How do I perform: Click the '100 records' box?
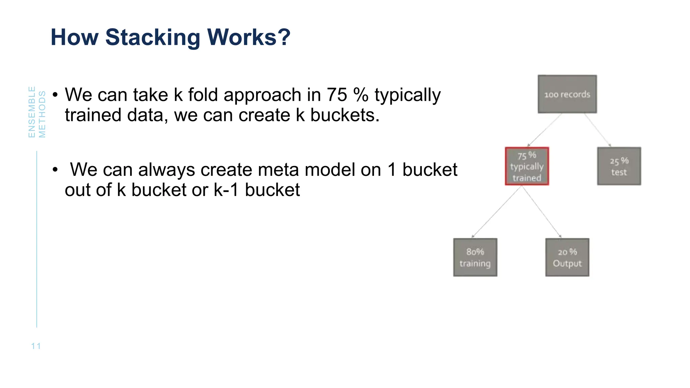point(567,94)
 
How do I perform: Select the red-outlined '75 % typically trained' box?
point(527,166)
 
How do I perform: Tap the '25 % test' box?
point(619,166)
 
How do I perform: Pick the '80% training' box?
point(475,258)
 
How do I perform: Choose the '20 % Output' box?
point(567,258)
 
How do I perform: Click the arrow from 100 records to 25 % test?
point(597,130)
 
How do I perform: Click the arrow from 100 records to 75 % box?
point(544,130)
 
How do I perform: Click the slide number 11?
point(36,346)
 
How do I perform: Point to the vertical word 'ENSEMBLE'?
point(32,112)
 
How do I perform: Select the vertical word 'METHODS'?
point(42,114)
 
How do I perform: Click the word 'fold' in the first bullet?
point(202,95)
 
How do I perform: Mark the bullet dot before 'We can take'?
point(55,95)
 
